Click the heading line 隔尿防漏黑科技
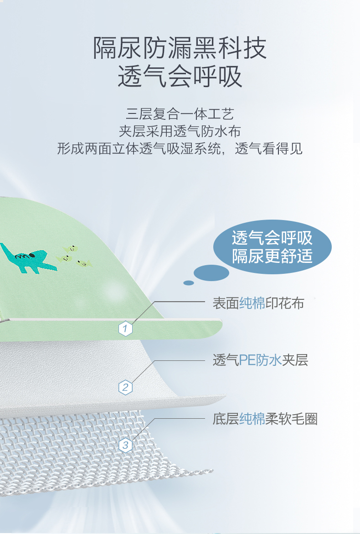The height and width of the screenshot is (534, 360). click(180, 48)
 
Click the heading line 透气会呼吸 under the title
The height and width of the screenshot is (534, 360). click(180, 77)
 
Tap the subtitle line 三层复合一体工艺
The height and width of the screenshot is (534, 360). click(180, 114)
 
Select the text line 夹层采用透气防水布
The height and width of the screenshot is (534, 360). click(180, 132)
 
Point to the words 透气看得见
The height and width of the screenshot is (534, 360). click(269, 149)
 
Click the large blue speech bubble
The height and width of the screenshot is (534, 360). click(272, 247)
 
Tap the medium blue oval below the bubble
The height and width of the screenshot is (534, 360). click(211, 273)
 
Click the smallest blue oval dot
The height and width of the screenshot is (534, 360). click(189, 283)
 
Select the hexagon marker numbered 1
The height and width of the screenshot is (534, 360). click(125, 329)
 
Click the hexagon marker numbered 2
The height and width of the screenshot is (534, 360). click(125, 387)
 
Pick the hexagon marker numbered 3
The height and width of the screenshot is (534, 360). click(125, 445)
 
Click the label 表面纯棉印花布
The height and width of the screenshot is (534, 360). click(258, 303)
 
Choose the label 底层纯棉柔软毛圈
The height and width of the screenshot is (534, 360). click(265, 419)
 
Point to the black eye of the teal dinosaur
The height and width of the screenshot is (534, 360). click(32, 255)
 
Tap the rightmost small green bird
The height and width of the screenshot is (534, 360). click(84, 263)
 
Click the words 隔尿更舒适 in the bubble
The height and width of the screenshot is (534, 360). click(272, 256)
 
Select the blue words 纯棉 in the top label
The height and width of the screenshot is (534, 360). click(252, 303)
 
